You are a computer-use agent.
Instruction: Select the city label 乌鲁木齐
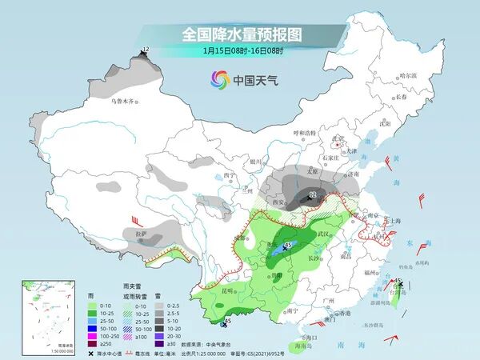pyautogui.click(x=124, y=102)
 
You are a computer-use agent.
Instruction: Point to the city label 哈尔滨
pyautogui.click(x=408, y=74)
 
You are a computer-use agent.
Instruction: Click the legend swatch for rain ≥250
pyautogui.click(x=94, y=343)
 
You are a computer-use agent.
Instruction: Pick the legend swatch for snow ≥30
pyautogui.click(x=161, y=343)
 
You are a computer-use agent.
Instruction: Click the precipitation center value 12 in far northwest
pyautogui.click(x=145, y=50)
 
